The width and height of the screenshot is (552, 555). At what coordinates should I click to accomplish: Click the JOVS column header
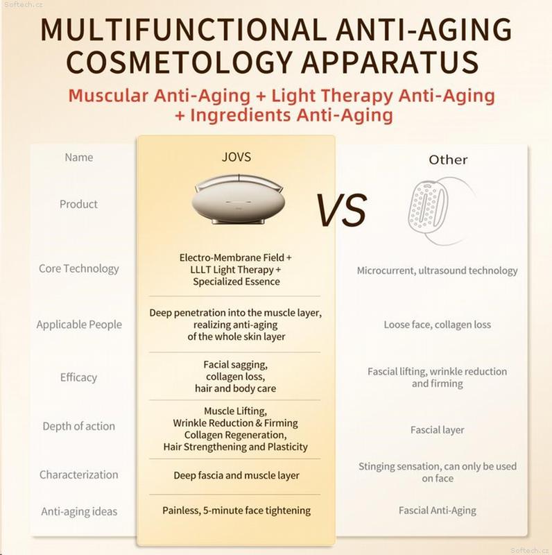236,157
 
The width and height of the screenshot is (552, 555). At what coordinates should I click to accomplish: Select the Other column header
448,160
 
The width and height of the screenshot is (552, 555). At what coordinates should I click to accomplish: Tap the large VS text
341,211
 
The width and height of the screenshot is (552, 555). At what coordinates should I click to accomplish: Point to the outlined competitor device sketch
440,211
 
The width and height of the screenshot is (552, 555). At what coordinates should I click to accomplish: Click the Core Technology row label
78,268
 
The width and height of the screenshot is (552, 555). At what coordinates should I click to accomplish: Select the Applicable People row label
79,324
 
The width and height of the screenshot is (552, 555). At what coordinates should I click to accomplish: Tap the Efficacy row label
78,377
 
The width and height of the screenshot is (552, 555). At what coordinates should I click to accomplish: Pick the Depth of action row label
78,426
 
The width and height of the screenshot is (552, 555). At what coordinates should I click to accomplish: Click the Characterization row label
78,475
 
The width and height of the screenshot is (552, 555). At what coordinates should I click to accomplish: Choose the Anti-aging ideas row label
79,511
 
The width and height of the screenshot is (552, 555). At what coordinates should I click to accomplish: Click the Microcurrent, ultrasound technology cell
437,271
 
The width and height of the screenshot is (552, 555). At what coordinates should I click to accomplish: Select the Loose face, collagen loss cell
438,325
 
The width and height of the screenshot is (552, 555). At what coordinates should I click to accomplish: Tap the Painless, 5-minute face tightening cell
236,511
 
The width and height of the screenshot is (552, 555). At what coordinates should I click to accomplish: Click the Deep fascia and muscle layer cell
236,475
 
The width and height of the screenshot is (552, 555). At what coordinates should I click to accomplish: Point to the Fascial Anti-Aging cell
438,511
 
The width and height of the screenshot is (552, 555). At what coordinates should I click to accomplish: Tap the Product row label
78,204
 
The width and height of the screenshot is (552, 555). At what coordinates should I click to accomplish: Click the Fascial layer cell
438,430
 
